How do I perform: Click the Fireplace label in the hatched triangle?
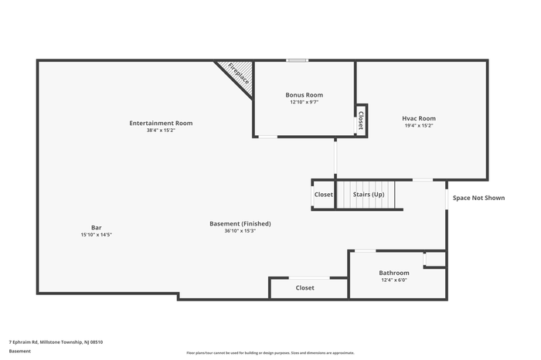tap(238, 73)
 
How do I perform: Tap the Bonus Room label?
tap(305, 95)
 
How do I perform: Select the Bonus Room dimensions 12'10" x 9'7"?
tap(304, 103)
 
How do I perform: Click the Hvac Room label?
tap(419, 118)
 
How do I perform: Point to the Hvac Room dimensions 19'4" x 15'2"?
tap(419, 126)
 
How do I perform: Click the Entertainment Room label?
tap(161, 123)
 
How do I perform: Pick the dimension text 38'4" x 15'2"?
tap(161, 131)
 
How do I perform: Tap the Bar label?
tap(97, 228)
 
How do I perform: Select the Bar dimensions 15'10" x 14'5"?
tap(97, 235)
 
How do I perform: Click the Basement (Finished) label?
tap(240, 224)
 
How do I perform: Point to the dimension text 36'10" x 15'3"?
tap(240, 231)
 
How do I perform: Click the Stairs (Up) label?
tap(369, 195)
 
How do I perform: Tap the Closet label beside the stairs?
tap(324, 195)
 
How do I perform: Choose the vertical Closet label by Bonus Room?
tap(361, 121)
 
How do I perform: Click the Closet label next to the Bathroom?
tap(305, 287)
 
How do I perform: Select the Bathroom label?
tap(394, 273)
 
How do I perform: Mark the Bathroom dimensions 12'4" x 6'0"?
tap(394, 280)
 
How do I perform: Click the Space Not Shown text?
tap(479, 198)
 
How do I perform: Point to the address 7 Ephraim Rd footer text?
tap(56, 342)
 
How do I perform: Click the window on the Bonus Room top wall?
tap(297, 61)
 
